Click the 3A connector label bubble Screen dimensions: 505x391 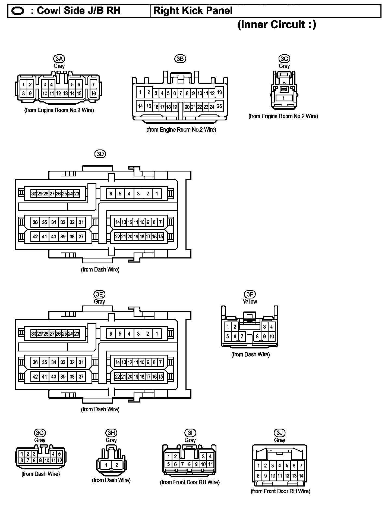59,59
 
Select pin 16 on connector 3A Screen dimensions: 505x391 93,93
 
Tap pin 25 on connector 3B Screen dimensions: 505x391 219,106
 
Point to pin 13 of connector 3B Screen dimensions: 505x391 219,92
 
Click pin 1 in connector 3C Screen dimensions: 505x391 283,98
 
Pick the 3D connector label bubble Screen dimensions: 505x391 100,154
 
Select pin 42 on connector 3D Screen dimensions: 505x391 35,236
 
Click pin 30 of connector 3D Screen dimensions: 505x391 34,194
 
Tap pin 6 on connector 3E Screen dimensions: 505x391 111,333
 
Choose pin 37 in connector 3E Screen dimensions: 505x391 81,376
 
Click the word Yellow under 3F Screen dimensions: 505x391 250,301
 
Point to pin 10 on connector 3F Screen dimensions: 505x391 272,336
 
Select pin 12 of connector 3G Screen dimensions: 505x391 60,460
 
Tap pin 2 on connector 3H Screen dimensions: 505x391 116,465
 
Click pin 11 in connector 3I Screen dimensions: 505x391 210,464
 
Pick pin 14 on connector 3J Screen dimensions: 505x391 301,476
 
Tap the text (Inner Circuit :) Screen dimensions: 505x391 277,25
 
